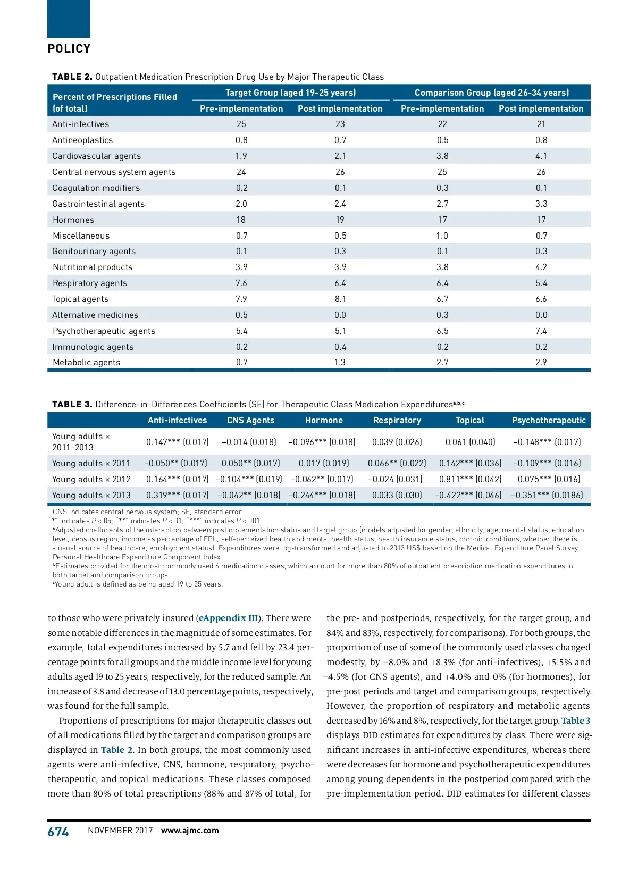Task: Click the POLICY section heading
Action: pos(69,49)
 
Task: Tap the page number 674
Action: pos(58,832)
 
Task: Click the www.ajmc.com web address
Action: pos(190,831)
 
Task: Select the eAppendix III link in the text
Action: pos(228,618)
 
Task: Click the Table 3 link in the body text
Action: pos(576,721)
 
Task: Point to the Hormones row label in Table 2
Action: pos(73,220)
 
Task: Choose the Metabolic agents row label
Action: pos(86,363)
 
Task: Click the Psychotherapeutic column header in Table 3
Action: pos(549,420)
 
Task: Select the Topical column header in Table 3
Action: pos(470,420)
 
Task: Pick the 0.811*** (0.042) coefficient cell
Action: pos(470,479)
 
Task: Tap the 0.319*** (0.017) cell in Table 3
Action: pos(177,495)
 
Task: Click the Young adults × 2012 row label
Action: pos(91,479)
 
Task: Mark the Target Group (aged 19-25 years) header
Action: pos(290,93)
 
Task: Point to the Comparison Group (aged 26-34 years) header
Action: pos(492,93)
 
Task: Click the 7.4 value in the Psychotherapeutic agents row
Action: pos(541,331)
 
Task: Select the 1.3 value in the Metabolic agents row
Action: pos(340,363)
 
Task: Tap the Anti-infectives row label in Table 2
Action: pos(80,124)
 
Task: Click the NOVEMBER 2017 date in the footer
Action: pos(120,831)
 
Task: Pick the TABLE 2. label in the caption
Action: pos(72,77)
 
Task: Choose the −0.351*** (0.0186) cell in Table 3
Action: pos(547,495)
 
